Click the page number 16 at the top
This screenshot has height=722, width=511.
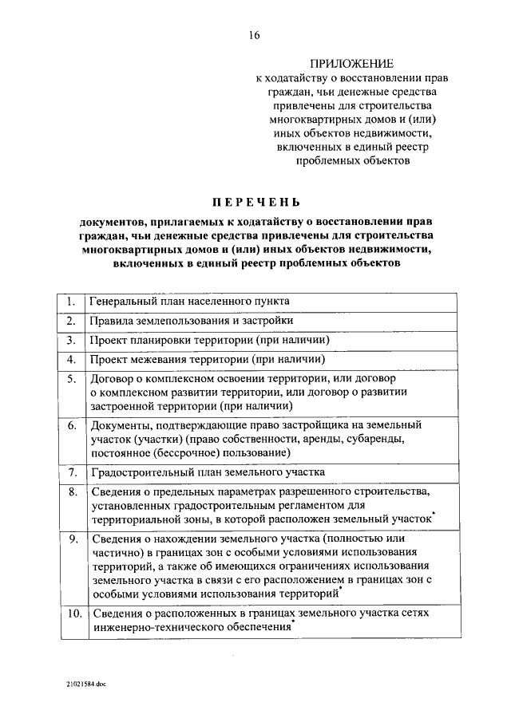pos(255,35)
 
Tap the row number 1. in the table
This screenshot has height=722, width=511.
pos(71,302)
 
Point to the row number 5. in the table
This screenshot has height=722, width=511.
pos(71,378)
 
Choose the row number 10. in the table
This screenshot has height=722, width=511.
pos(71,614)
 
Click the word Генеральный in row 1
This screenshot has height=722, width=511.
pos(121,302)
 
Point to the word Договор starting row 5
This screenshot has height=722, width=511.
pos(112,378)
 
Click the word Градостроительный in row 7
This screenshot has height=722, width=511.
pos(138,472)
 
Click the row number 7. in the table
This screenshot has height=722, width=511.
pos(71,472)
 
